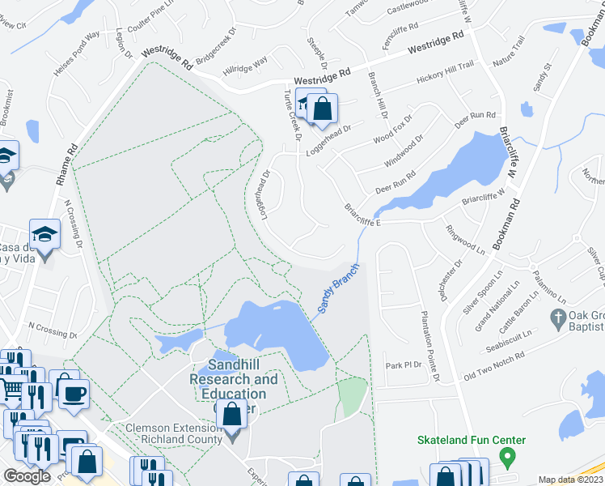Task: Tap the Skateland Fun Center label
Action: click(471, 441)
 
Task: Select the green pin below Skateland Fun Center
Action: click(507, 458)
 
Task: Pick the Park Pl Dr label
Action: click(404, 365)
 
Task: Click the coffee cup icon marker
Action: click(75, 393)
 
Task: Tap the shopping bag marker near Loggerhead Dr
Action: click(322, 108)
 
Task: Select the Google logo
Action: click(27, 475)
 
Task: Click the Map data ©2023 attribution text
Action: click(569, 480)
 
